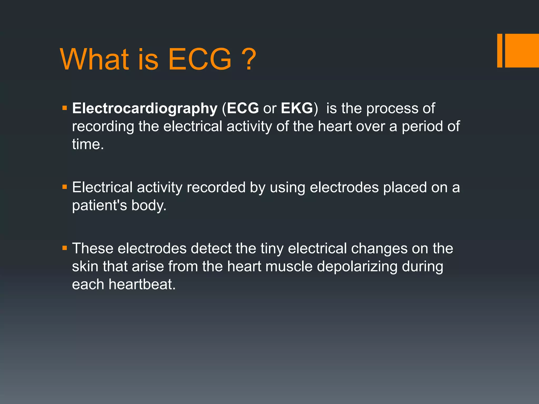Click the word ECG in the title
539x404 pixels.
[200, 59]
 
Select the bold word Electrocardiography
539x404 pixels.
[145, 108]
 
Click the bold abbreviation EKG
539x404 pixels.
[297, 108]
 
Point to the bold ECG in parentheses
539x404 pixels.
[243, 108]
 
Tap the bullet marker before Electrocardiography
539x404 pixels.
[65, 108]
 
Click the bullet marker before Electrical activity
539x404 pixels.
[65, 187]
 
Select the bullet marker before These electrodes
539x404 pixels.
[65, 248]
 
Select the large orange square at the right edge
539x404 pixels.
[522, 50]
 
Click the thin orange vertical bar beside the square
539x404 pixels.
[500, 50]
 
